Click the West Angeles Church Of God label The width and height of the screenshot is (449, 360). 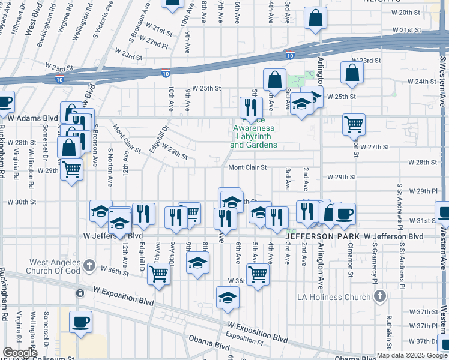coord(54,267)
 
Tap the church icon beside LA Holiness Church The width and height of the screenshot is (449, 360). coord(379,296)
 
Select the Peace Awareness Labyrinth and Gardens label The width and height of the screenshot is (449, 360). coord(253,136)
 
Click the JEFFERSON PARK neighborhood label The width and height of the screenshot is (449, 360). coord(323,238)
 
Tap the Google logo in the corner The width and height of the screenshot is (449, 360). coord(20,353)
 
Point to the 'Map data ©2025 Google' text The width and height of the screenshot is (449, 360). coord(412,355)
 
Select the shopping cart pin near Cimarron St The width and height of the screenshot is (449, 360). coord(354,124)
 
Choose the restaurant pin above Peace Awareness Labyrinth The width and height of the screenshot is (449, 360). coord(250,107)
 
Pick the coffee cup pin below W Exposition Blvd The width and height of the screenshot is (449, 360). coord(80,323)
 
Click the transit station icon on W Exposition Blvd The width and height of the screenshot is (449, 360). coord(80,293)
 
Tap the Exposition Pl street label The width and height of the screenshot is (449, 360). coord(246,339)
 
